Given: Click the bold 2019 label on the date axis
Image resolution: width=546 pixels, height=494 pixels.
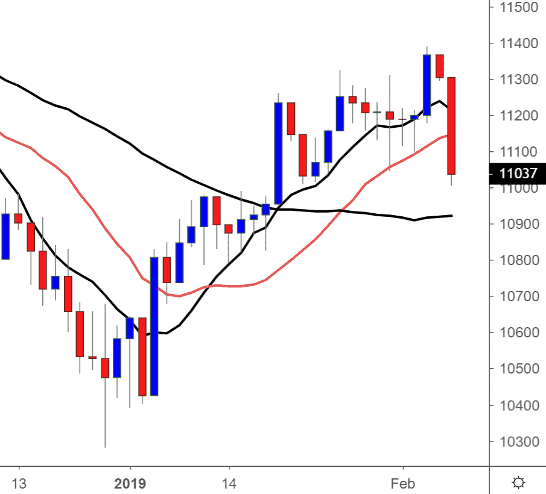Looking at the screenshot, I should coord(130,483).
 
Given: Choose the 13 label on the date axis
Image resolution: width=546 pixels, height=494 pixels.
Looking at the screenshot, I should coord(19,483).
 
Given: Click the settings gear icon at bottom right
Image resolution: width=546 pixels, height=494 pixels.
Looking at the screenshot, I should coord(518,483).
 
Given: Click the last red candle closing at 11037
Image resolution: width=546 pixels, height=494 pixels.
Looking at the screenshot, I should coord(451,126).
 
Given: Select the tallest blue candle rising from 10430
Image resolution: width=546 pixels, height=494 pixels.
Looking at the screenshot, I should coord(154,326).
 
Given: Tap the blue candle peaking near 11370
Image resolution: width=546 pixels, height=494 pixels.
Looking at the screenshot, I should coord(427,85).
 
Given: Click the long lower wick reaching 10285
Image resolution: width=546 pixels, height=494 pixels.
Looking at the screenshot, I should coord(105,416).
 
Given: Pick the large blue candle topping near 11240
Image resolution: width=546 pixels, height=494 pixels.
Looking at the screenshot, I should coord(278,153).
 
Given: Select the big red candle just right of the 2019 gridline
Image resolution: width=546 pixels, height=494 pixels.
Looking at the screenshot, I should coord(142,356).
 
